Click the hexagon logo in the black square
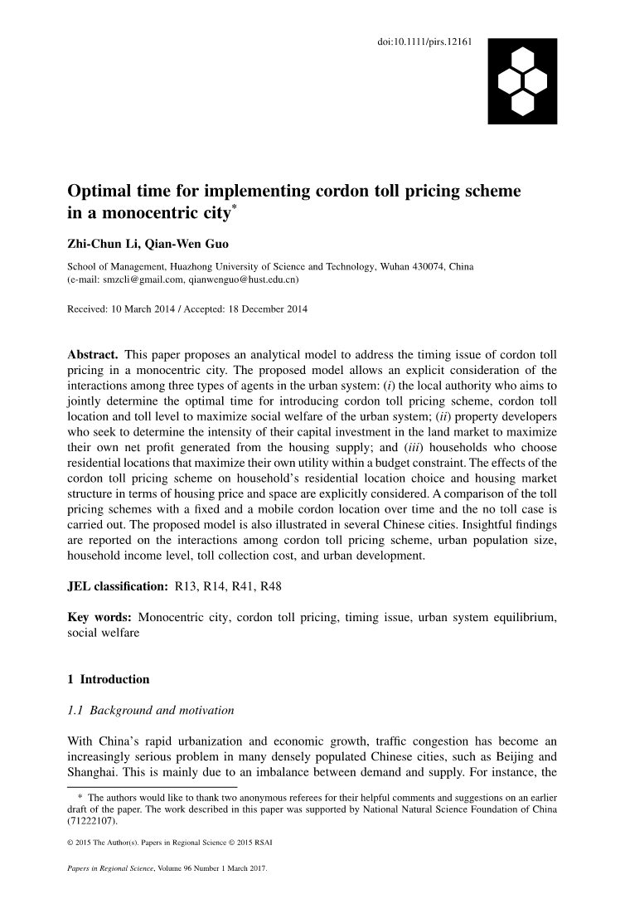(x=523, y=80)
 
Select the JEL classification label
(x=118, y=587)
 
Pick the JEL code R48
(x=269, y=587)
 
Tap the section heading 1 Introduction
(x=109, y=679)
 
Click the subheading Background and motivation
(x=162, y=710)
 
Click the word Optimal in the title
(x=103, y=192)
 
